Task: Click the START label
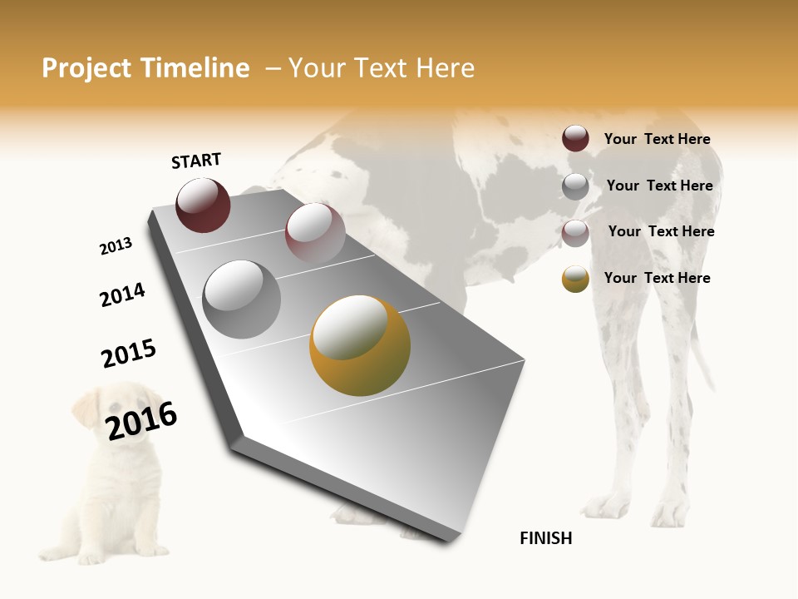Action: coord(196,161)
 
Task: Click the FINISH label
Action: coord(545,538)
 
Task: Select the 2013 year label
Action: coord(116,246)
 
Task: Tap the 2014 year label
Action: coord(122,295)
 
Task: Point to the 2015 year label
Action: coord(129,354)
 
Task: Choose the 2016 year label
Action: coord(141,420)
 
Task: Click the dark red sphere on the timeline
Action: coord(203,205)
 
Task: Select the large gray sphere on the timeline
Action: coord(242,299)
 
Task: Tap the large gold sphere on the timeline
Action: coord(360,345)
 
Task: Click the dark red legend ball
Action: coord(575,138)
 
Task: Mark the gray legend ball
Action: coord(575,186)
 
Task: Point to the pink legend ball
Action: coord(575,232)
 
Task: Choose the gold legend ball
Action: coord(575,279)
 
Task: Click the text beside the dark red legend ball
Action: coord(657,139)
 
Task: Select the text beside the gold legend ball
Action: coord(657,278)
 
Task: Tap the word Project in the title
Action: coord(86,68)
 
